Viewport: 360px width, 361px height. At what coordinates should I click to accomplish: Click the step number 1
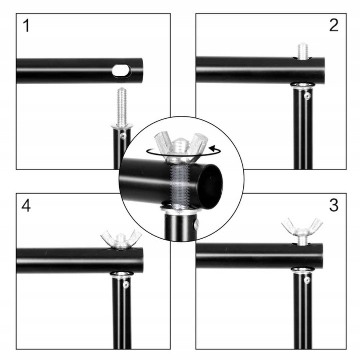click(x=27, y=26)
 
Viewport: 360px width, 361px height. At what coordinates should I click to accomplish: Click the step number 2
click(x=333, y=25)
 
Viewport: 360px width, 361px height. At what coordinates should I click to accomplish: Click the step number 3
click(x=333, y=205)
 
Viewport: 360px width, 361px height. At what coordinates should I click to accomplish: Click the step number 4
click(x=26, y=206)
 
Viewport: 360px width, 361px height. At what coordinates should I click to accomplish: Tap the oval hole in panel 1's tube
click(x=122, y=70)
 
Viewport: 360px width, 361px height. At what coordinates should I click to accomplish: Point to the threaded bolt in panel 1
click(x=122, y=107)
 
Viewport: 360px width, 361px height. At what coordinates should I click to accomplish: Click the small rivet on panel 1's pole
click(x=123, y=136)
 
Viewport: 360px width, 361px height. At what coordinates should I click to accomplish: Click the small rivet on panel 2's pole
click(x=307, y=96)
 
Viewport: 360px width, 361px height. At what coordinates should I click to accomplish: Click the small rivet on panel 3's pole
click(x=307, y=280)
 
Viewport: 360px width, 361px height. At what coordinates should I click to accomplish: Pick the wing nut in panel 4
click(x=121, y=240)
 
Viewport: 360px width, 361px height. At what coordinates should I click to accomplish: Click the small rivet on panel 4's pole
click(x=126, y=285)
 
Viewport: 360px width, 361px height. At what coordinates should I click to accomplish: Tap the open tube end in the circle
click(x=211, y=187)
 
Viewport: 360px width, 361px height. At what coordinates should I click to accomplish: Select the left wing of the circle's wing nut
click(x=163, y=142)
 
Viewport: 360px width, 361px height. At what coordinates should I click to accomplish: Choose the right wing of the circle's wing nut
click(x=198, y=143)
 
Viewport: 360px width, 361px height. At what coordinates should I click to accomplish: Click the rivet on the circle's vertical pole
click(x=197, y=224)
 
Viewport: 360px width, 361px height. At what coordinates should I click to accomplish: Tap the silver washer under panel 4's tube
click(x=122, y=274)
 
